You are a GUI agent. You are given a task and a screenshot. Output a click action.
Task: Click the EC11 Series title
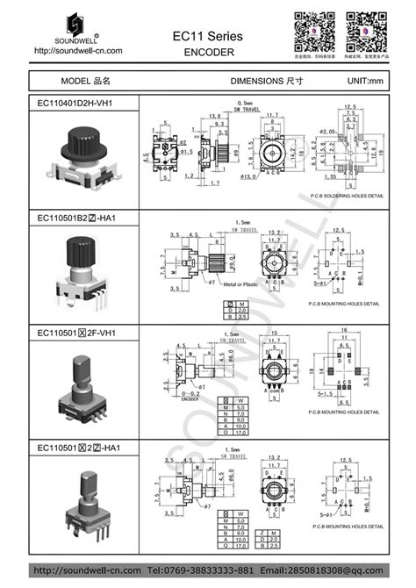[x=209, y=34]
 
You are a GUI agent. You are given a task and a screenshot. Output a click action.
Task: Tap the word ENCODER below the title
[x=209, y=52]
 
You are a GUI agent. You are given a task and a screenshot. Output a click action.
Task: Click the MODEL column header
[x=85, y=80]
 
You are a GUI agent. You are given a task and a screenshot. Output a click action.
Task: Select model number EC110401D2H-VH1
[x=75, y=103]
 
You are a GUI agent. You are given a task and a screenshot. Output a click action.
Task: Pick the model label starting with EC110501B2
[x=77, y=217]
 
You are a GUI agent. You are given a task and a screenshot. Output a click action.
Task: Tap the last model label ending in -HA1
[x=77, y=448]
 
